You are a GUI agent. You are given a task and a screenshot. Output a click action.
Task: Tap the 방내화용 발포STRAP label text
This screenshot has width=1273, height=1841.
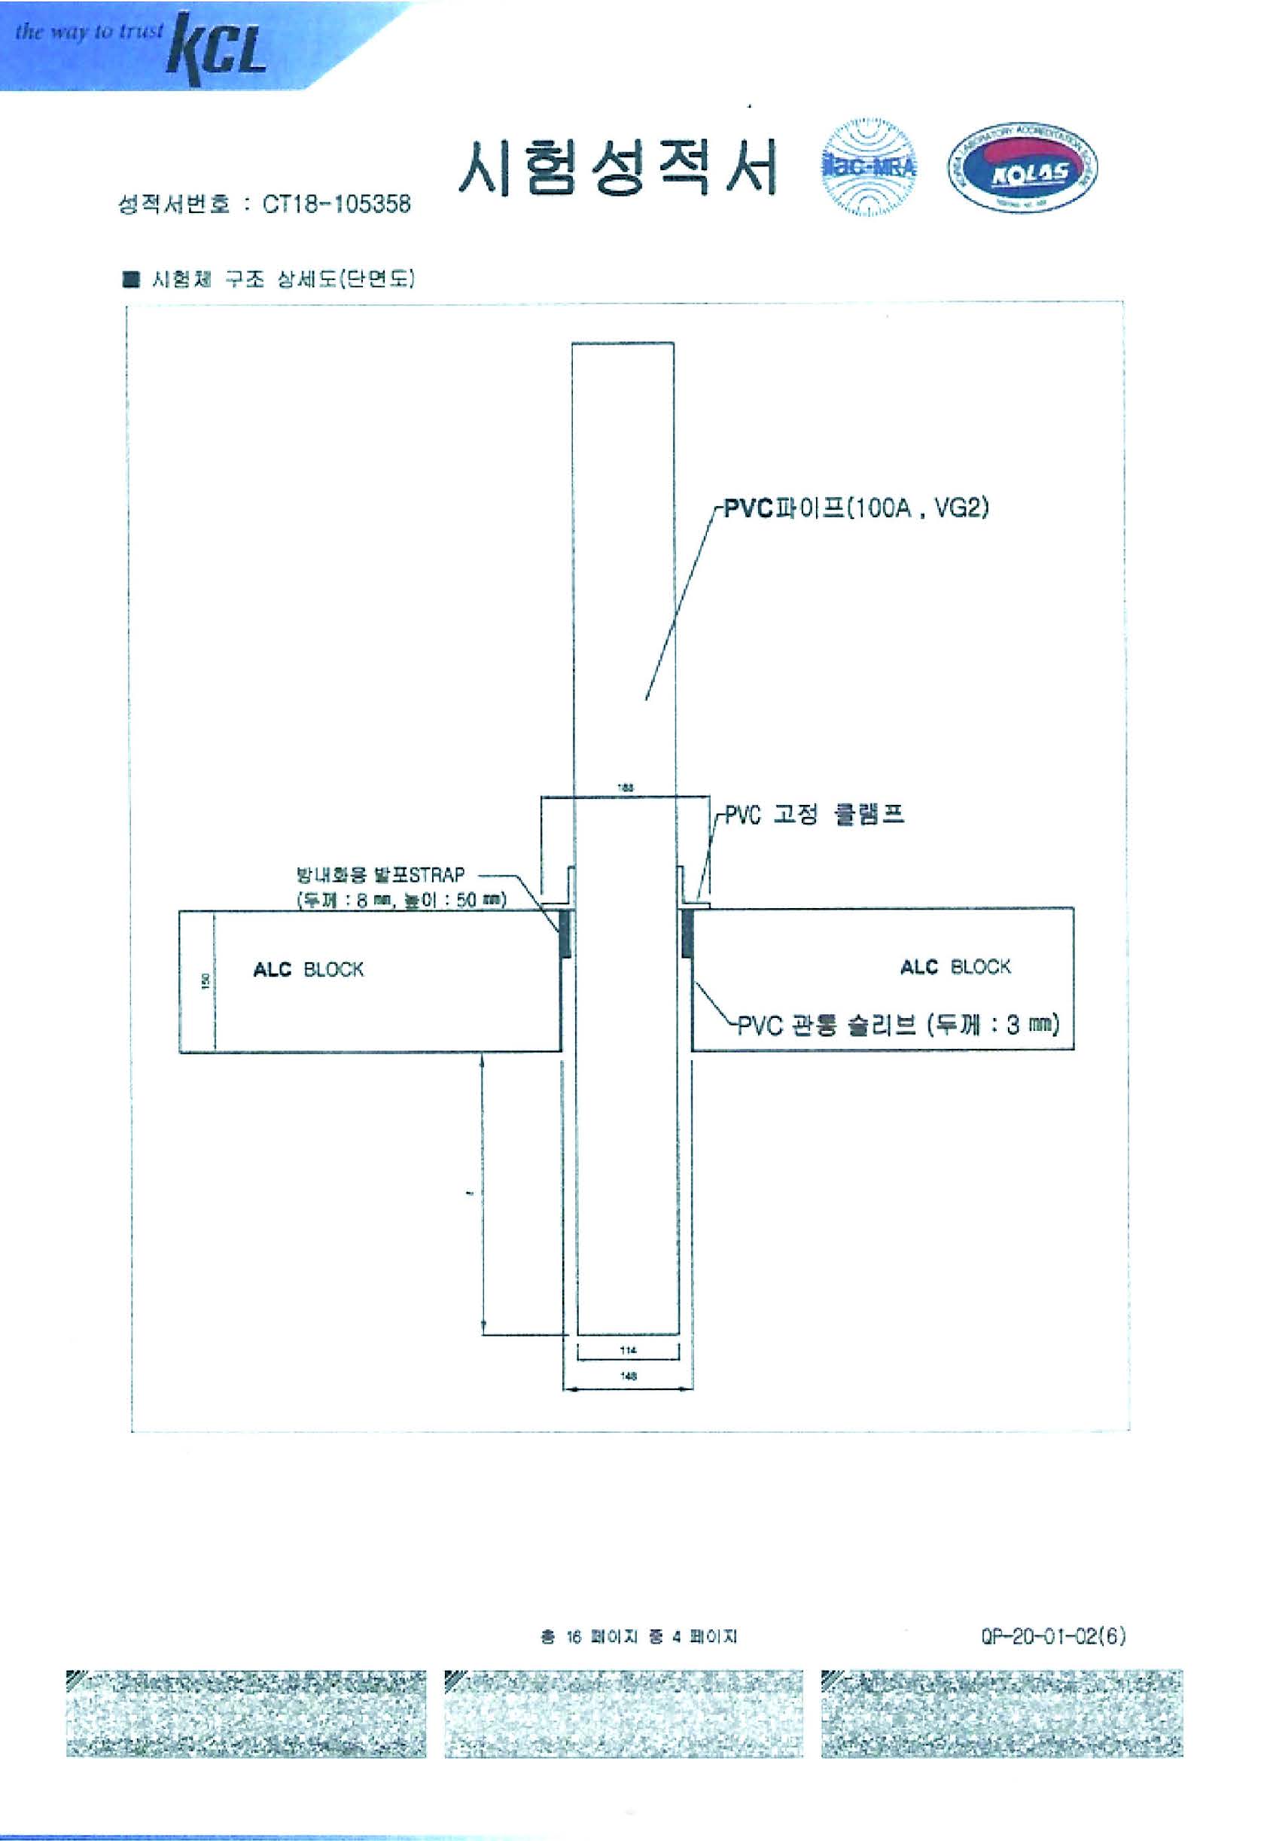tap(380, 875)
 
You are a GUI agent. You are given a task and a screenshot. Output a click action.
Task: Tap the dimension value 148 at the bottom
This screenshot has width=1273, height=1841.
tap(628, 1376)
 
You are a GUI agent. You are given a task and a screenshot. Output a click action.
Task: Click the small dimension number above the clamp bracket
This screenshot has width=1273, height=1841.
tap(626, 788)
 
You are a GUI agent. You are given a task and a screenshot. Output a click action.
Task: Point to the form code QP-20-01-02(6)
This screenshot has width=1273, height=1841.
tap(1053, 1636)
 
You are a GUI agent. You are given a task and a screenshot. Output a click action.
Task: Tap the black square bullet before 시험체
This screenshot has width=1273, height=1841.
tap(131, 279)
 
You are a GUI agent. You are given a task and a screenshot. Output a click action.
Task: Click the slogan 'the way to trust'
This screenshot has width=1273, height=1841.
tap(90, 32)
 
